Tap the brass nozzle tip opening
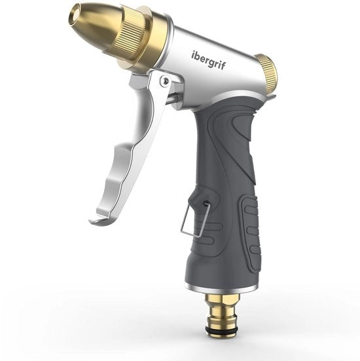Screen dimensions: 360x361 (x=74, y=17)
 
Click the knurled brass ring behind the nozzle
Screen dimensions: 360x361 (x=133, y=35)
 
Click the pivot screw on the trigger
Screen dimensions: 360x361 (x=165, y=81)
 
